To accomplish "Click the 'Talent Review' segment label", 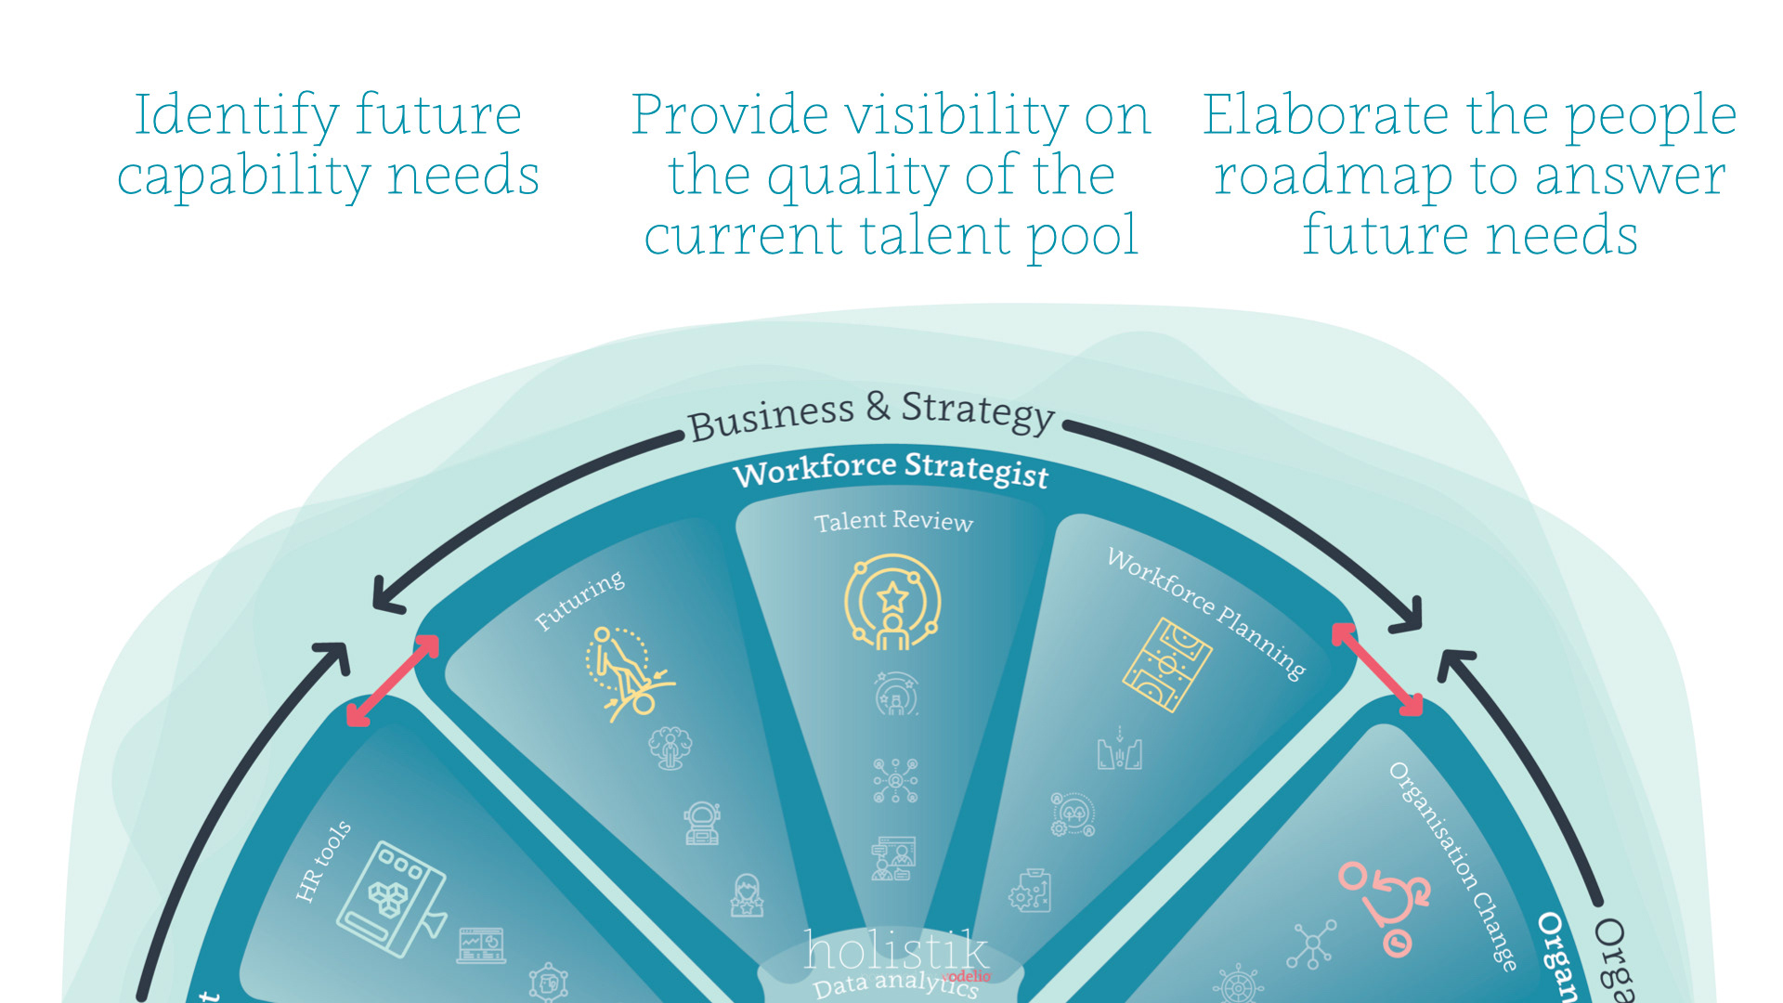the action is coord(893,521).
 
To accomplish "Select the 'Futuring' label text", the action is coord(579,601).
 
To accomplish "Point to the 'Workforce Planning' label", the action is coord(1206,612).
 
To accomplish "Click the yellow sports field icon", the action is coord(1166,665).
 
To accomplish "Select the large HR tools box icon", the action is coord(390,898).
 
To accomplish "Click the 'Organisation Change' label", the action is coord(1453,865).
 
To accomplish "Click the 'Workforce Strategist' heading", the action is coord(891,469).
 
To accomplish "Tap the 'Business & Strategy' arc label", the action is coord(871,414).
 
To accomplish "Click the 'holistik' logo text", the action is coord(895,950).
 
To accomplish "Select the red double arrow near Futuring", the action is coord(392,681).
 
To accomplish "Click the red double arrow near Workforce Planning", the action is coord(1377,669).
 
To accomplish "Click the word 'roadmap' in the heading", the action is coord(1334,176).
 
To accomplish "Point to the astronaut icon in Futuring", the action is coord(702,824).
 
